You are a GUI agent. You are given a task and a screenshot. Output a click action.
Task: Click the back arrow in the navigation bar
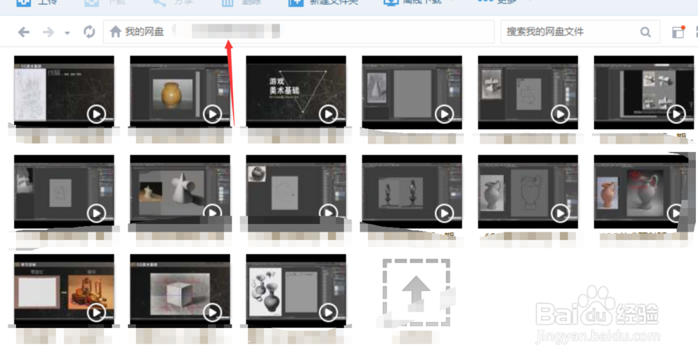tap(24, 32)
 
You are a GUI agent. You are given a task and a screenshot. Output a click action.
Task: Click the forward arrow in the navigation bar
tap(47, 32)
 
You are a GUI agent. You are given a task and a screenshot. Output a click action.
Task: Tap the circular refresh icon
tap(89, 32)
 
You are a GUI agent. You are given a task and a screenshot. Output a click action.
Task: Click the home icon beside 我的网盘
tap(116, 32)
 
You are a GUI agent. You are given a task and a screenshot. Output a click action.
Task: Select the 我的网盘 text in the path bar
tap(144, 32)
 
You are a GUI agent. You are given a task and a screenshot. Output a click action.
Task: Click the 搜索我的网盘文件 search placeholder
tap(544, 32)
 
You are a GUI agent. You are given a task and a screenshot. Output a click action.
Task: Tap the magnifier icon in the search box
tap(646, 32)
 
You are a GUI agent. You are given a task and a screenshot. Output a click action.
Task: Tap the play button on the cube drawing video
tap(212, 312)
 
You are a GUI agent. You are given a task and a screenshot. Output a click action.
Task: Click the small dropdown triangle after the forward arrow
tap(67, 33)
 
